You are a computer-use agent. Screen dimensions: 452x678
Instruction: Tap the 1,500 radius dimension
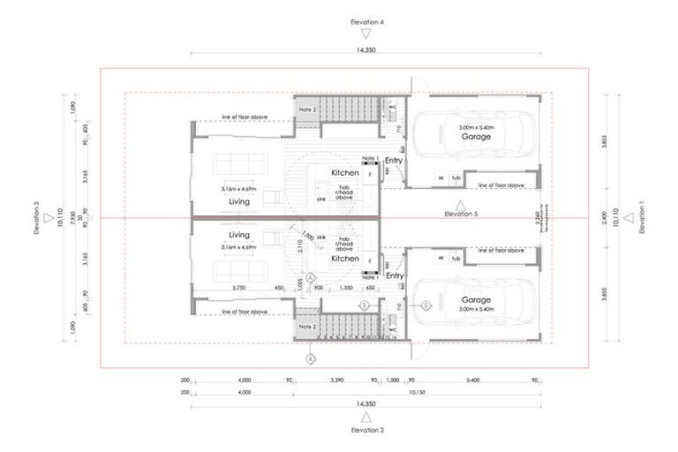coord(307,237)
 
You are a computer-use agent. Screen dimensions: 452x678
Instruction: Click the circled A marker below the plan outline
coord(310,358)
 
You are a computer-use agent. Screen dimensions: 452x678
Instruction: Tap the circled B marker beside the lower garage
coord(426,305)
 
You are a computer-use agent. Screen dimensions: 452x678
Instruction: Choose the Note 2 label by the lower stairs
coord(306,326)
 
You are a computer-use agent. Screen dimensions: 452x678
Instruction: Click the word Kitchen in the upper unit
coord(345,173)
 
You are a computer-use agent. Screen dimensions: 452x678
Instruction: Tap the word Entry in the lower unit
coord(394,275)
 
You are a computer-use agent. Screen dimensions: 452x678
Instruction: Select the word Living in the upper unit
coord(238,201)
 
